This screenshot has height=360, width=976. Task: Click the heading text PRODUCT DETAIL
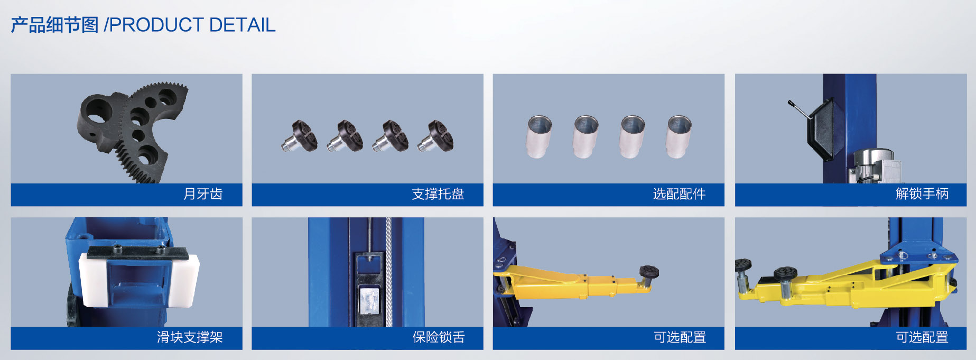coord(192,25)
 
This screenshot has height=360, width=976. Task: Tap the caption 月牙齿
coord(203,194)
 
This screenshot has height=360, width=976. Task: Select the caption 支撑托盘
coord(438,194)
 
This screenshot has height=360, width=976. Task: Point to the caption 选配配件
coord(679,194)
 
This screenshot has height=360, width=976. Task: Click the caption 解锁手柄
coord(922,194)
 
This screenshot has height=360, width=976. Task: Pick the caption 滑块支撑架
coord(190,337)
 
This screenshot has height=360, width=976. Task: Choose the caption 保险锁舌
coord(438,337)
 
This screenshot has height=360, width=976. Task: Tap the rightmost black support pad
coord(436,136)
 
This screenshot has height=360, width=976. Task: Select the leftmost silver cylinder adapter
coord(540,136)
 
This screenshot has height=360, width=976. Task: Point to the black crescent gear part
coord(132,132)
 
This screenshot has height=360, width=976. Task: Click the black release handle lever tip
coord(789,103)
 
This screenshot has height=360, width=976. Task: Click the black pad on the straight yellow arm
coord(649,272)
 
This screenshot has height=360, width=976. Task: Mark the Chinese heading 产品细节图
coord(55,25)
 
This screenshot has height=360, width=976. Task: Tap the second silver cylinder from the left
coord(586,136)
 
